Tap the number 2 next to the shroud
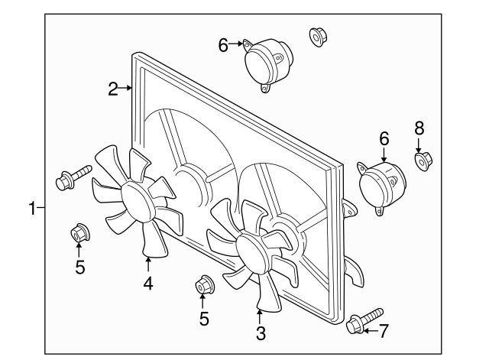point(113,89)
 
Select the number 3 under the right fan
point(261,333)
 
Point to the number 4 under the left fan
point(148,284)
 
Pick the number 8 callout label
point(419,127)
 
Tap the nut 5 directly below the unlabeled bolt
point(79,232)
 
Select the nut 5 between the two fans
point(203,285)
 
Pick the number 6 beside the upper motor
point(223,45)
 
